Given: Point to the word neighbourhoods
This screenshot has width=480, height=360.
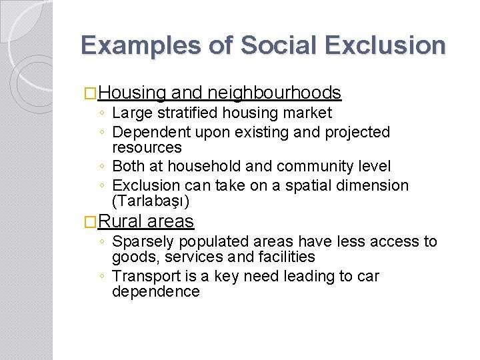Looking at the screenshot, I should click(x=275, y=93).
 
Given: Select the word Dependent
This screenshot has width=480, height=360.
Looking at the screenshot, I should click(x=149, y=132).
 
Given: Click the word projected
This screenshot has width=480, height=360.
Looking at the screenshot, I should click(x=357, y=132).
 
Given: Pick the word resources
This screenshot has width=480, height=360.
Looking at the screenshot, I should click(x=147, y=147).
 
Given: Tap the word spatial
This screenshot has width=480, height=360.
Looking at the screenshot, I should click(x=304, y=185).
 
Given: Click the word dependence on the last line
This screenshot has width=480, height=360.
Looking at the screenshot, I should click(x=156, y=291).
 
